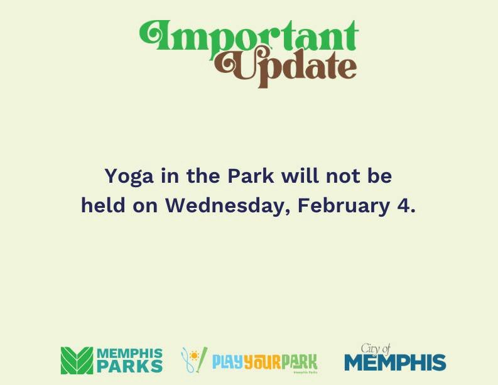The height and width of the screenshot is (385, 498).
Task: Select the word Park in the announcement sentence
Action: tap(251, 176)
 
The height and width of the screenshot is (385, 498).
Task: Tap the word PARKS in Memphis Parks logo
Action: tap(129, 366)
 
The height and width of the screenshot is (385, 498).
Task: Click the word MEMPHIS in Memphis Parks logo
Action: tap(129, 354)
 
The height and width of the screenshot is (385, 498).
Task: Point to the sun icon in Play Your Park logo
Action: tap(195, 357)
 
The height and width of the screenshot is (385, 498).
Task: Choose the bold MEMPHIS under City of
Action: tap(395, 363)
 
